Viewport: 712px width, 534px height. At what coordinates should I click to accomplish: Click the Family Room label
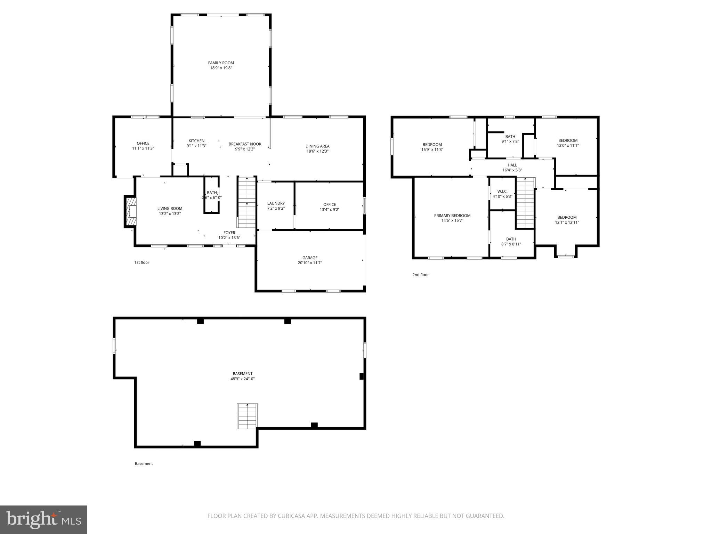(221, 63)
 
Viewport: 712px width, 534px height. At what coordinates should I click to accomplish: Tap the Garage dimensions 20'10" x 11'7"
(309, 263)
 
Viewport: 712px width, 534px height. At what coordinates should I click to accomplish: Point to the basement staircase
(247, 416)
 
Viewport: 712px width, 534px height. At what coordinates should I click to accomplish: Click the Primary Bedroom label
(452, 216)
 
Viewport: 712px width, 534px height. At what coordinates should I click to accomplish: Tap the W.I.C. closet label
(502, 192)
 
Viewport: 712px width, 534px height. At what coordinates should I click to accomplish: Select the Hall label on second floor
(512, 165)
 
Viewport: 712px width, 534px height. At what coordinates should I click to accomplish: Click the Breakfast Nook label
(245, 144)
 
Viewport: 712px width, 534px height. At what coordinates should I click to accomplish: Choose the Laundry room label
(276, 203)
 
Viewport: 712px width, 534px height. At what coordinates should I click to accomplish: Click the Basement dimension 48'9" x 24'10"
(242, 379)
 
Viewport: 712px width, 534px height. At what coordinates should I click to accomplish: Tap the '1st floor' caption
(141, 262)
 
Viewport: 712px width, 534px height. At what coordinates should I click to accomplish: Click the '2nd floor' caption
(420, 275)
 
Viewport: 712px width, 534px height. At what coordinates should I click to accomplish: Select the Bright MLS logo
(43, 519)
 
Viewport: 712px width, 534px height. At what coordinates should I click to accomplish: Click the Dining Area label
(317, 146)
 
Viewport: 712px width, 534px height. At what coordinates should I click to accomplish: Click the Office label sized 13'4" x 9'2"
(329, 204)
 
